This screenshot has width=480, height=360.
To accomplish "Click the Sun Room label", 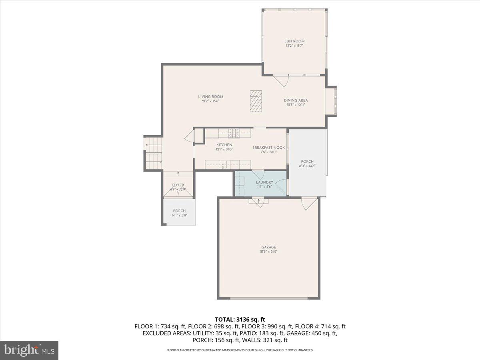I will [x=294, y=41].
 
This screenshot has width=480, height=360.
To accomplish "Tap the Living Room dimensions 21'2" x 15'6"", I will [x=210, y=101].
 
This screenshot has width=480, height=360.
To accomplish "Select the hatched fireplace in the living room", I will [x=256, y=102].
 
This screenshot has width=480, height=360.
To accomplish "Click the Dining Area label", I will [x=296, y=100].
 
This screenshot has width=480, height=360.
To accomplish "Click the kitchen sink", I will [x=223, y=164].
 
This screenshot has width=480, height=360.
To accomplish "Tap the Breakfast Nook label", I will [x=268, y=148].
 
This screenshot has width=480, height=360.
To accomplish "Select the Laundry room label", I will [x=264, y=182].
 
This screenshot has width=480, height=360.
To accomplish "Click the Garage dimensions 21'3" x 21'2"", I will [x=268, y=252].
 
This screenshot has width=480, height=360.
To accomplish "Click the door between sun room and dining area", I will [x=283, y=80].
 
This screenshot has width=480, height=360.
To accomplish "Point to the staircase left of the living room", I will [x=154, y=153].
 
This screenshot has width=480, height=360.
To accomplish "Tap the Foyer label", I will [x=178, y=185].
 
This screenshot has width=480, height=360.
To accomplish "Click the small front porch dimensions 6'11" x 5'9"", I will [x=179, y=215].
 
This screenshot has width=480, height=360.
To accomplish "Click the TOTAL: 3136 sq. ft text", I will [x=240, y=319].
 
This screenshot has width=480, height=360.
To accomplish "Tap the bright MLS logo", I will [x=30, y=350].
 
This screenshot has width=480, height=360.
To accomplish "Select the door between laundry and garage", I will [x=259, y=201].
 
